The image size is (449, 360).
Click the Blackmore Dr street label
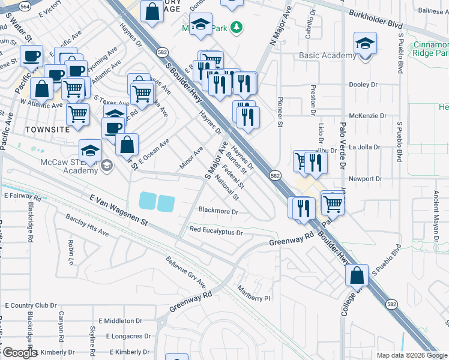[218, 212]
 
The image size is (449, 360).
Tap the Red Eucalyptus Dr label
[215, 231]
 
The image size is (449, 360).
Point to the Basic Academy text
[328, 56]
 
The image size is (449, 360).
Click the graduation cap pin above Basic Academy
[363, 44]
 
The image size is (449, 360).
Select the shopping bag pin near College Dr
[357, 275]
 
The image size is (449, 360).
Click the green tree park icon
[237, 26]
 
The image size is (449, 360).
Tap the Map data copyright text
[412, 355]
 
